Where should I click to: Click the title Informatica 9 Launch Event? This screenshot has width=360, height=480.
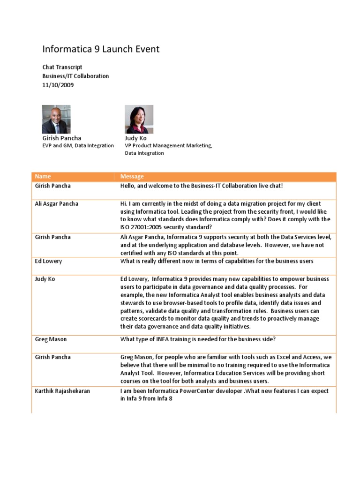click(x=101, y=49)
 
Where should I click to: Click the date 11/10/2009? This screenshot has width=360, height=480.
click(x=58, y=85)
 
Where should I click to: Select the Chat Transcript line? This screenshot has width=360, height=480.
click(x=62, y=67)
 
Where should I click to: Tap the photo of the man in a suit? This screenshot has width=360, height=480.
click(x=57, y=119)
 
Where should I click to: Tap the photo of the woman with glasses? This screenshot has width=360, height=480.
click(x=139, y=119)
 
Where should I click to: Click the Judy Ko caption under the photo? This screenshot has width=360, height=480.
click(x=135, y=138)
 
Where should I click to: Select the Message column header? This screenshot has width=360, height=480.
click(x=132, y=176)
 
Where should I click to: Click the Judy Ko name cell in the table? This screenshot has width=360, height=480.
click(x=45, y=279)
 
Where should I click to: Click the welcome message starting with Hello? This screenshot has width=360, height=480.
click(x=202, y=186)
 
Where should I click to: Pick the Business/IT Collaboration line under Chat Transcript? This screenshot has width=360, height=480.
click(x=75, y=76)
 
